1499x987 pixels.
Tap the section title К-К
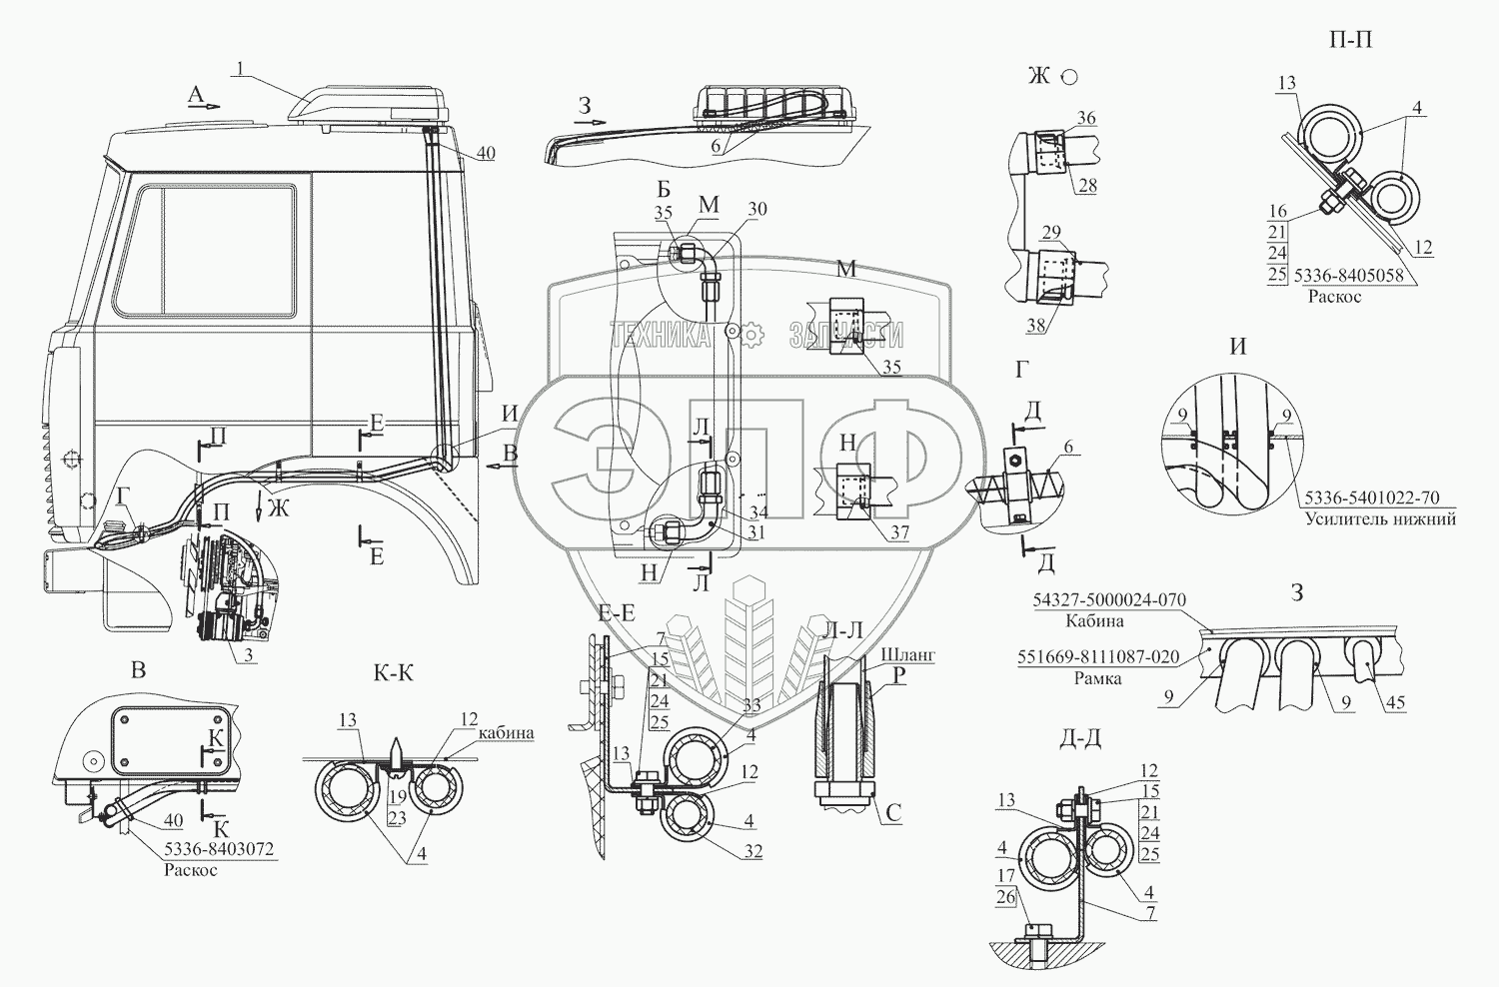pos(393,673)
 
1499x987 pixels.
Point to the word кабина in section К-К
pos(507,732)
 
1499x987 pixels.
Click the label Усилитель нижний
pos(1379,518)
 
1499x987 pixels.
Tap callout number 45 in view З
pos(1395,702)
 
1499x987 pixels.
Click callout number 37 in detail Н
pos(898,532)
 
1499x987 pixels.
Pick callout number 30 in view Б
pos(757,209)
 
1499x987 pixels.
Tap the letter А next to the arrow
pos(196,96)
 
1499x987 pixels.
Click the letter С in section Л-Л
pos(892,813)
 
